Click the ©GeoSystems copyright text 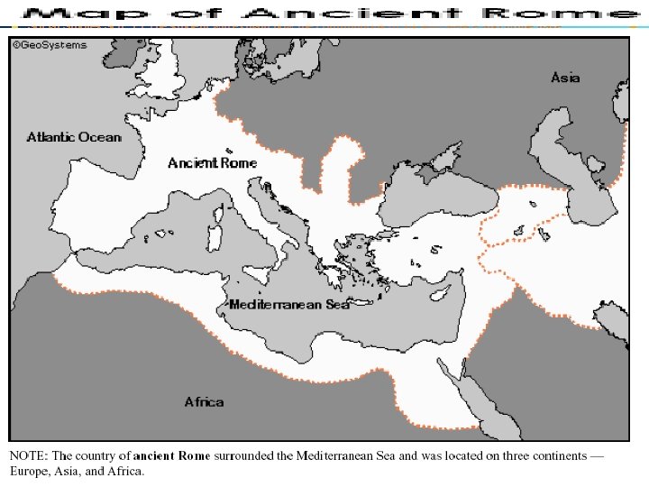pyautogui.click(x=50, y=45)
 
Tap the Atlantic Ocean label pyautogui.click(x=73, y=137)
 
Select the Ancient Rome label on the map pyautogui.click(x=212, y=163)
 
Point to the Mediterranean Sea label pyautogui.click(x=288, y=304)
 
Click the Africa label pyautogui.click(x=204, y=401)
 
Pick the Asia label pyautogui.click(x=565, y=78)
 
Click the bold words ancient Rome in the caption pyautogui.click(x=171, y=455)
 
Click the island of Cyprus pyautogui.click(x=439, y=294)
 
